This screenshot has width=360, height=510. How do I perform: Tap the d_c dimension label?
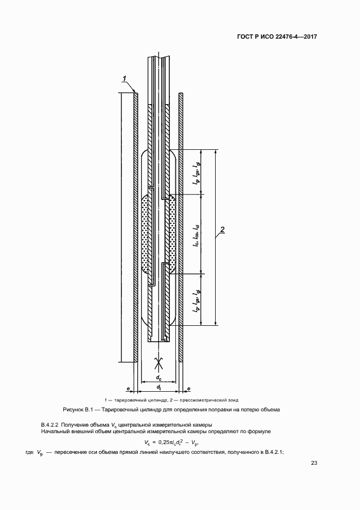pos(158,377)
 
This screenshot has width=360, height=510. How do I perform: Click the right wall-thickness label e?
pos(188,388)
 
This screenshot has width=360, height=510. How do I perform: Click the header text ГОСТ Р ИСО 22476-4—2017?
pos(277,37)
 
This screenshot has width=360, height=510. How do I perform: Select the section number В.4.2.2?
pos(50,424)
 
